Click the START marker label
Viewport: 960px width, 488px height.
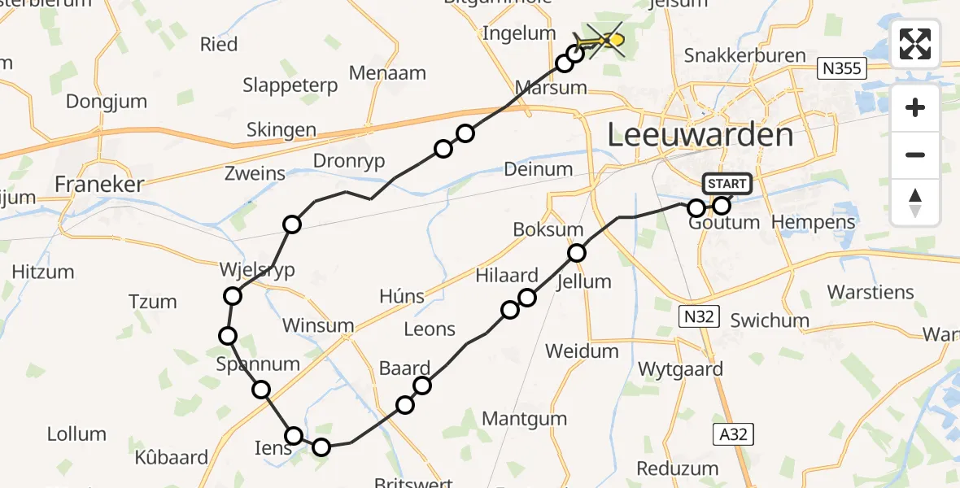pos(727,184)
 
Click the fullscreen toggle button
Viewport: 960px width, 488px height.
pos(915,44)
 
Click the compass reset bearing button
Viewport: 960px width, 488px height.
pos(915,203)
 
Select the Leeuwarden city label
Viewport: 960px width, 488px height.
pos(700,135)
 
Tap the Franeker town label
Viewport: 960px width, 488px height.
pos(98,184)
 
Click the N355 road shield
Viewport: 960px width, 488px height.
pos(841,68)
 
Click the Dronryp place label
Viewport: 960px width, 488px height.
pos(348,161)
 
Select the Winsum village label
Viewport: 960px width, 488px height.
pos(317,325)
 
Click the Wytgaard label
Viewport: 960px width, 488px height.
pos(680,369)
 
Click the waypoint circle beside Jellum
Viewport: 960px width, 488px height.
pos(577,253)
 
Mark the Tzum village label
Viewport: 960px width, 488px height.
pos(152,302)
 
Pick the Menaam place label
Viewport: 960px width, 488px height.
pos(387,72)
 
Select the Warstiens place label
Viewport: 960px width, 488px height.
pos(871,291)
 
